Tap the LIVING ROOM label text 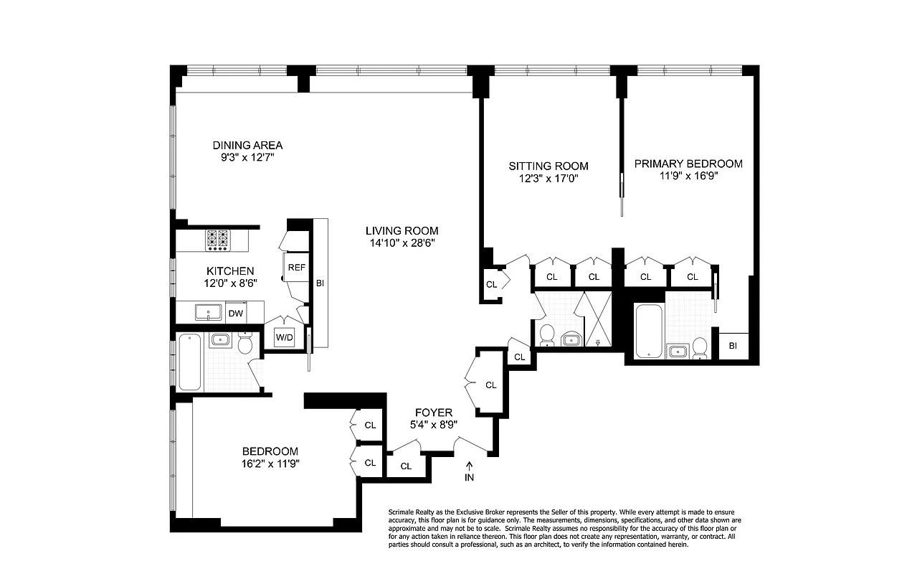tap(402, 230)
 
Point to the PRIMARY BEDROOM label tap(688, 164)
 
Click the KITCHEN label tap(230, 270)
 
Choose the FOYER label tap(434, 413)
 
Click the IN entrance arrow tap(470, 466)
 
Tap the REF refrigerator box tap(296, 267)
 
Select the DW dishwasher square tap(235, 313)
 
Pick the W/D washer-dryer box tap(285, 338)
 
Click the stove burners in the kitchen tap(217, 239)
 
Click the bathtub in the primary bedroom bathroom tap(650, 331)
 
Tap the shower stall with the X tap(597, 319)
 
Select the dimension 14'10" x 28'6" tap(402, 243)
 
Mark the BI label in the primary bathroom tap(733, 345)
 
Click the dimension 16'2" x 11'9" tap(270, 464)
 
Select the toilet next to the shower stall tap(546, 334)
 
